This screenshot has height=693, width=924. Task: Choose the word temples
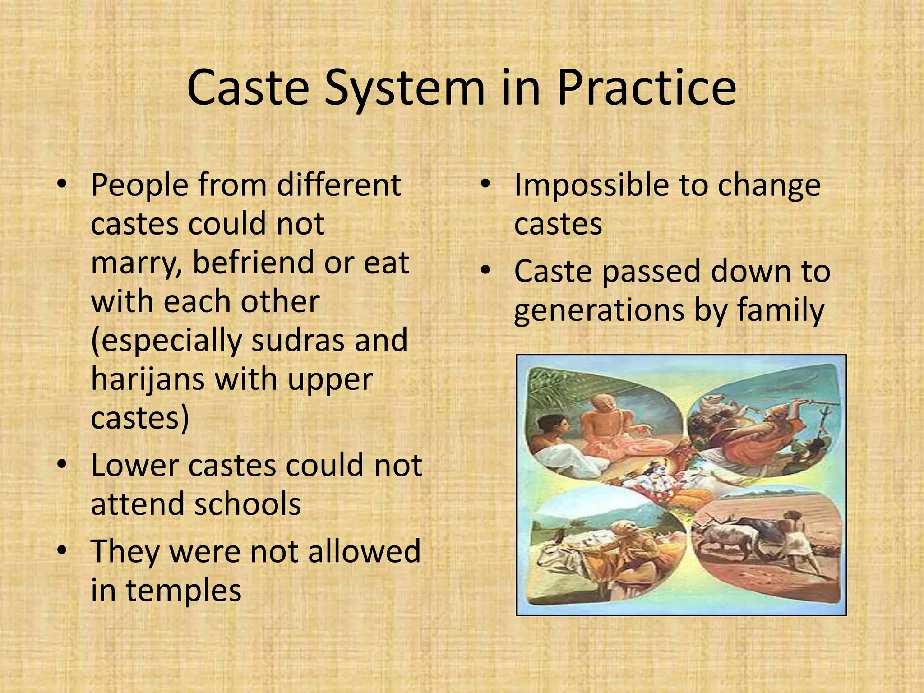coord(184,590)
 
